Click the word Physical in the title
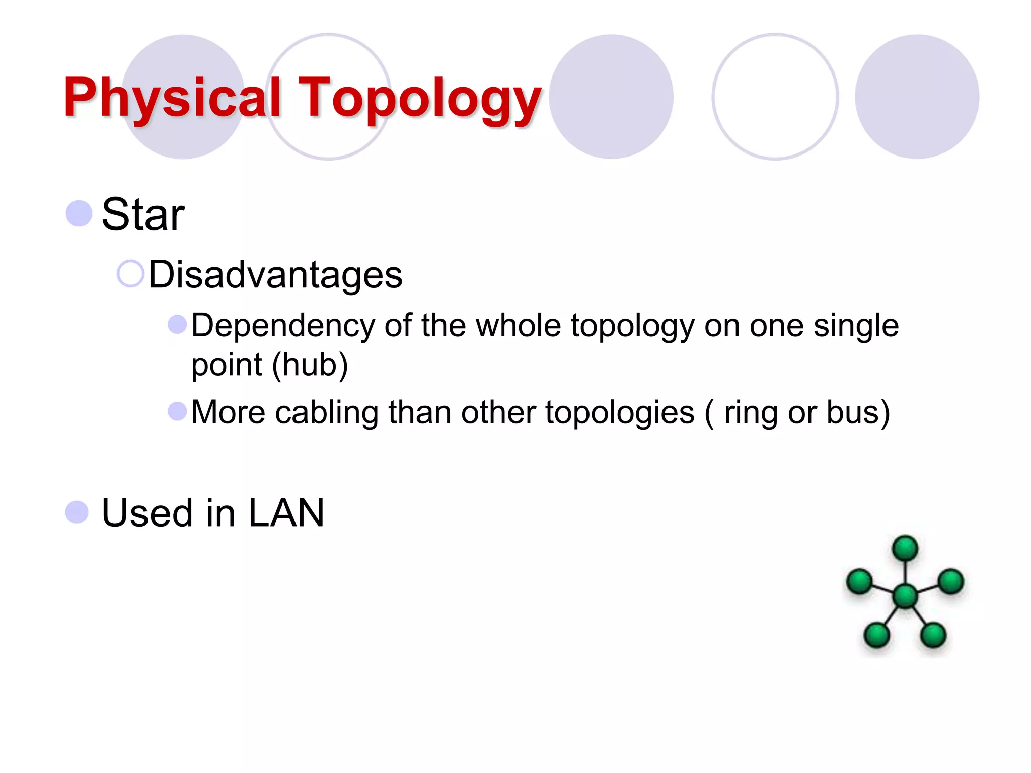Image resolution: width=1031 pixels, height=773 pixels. [x=171, y=98]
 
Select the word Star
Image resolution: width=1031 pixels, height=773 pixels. [x=143, y=215]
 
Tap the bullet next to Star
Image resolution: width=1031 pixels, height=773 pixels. [x=79, y=213]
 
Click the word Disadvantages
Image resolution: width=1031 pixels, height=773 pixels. [x=275, y=275]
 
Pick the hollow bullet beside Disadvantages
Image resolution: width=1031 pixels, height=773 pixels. [x=130, y=274]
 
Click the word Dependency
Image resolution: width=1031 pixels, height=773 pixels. [x=283, y=326]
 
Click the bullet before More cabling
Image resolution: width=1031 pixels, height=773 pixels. [x=177, y=411]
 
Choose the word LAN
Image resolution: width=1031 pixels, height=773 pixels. [x=286, y=513]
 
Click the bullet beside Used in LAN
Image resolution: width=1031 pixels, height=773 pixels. [x=77, y=512]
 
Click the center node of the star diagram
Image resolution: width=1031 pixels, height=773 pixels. [x=905, y=596]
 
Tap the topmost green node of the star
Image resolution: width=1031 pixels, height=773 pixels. [x=905, y=548]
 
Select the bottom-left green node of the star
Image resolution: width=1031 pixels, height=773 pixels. [x=876, y=634]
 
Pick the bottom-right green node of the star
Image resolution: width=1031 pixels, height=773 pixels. [x=933, y=634]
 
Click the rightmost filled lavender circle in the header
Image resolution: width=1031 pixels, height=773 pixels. [x=917, y=97]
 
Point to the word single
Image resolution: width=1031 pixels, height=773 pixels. [x=856, y=326]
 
